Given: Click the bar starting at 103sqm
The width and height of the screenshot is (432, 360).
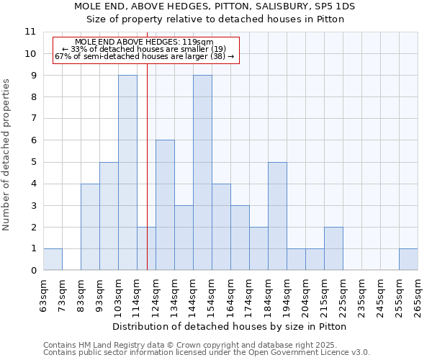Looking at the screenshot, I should pos(127,173).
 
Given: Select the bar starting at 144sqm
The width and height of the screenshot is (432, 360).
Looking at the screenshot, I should pos(202,173).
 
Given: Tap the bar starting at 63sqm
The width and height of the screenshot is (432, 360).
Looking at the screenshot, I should pos(53,259).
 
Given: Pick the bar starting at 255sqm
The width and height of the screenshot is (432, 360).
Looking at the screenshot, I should pos(408,259).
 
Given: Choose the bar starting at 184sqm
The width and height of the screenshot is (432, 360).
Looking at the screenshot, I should pos(277,216).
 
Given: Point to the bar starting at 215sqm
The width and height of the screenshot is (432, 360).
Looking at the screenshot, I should pos(333,248).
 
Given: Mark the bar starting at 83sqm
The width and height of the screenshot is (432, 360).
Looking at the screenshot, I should pos(90,227).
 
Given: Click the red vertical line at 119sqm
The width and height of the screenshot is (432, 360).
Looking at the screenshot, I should pos(147,180).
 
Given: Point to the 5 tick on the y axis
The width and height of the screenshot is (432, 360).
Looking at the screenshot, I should pos(32,162).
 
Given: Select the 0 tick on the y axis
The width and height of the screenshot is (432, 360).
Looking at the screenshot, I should pos(32,271).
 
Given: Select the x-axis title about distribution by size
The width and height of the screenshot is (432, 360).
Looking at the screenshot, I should pos(230,326).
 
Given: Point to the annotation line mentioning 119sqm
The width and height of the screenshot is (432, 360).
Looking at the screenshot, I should pos(144,42).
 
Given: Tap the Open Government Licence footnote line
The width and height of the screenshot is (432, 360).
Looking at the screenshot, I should pos(207,352).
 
